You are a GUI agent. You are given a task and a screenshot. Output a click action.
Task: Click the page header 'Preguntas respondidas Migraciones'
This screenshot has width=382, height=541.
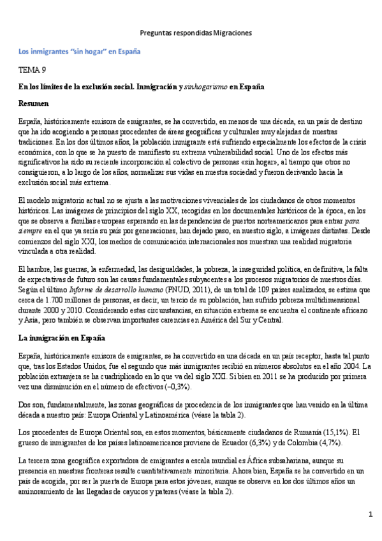pyautogui.click(x=196, y=32)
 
